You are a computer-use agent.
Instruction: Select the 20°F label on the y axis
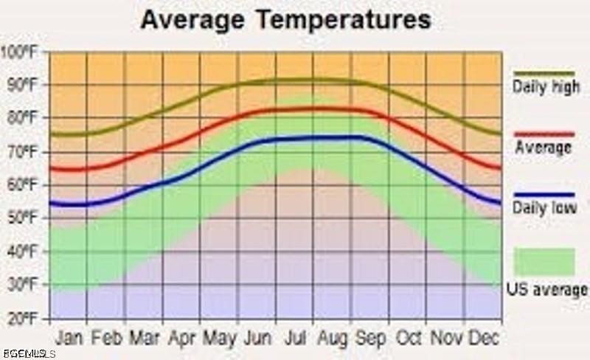pyautogui.click(x=22, y=319)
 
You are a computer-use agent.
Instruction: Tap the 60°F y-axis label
pyautogui.click(x=22, y=185)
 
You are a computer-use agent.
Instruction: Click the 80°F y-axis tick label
pyautogui.click(x=22, y=118)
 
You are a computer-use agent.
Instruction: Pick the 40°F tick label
pyautogui.click(x=22, y=252)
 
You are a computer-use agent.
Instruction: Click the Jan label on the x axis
pyautogui.click(x=69, y=338)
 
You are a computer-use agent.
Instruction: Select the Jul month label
pyautogui.click(x=294, y=338)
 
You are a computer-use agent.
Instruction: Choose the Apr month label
pyautogui.click(x=181, y=338)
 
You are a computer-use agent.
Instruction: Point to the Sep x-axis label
pyautogui.click(x=370, y=338)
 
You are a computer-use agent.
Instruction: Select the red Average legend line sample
pyautogui.click(x=544, y=134)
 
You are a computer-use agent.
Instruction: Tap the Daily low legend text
pyautogui.click(x=544, y=209)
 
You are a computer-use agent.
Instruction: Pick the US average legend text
pyautogui.click(x=546, y=289)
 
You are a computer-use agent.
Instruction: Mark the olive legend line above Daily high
pyautogui.click(x=544, y=73)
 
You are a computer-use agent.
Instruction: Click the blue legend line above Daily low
pyautogui.click(x=544, y=195)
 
